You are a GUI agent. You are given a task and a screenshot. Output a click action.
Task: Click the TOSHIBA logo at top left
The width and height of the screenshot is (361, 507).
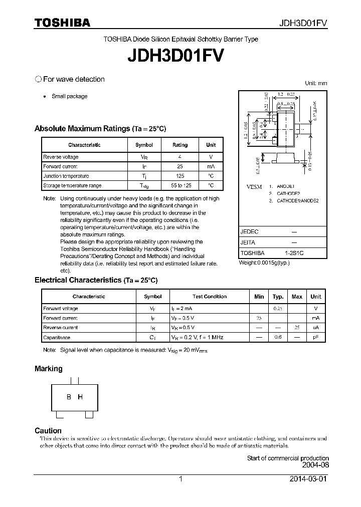tap(62, 23)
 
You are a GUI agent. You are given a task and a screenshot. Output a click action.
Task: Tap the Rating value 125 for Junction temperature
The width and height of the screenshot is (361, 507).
tap(180, 176)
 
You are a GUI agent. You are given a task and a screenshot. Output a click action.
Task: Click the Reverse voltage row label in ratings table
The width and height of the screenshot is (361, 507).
tap(61, 157)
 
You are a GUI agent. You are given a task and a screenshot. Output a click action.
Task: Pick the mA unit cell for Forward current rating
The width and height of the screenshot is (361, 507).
tap(211, 166)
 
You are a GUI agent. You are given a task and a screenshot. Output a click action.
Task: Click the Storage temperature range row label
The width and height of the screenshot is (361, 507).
tap(72, 185)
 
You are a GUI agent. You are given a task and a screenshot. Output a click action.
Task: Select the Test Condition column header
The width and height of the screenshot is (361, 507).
tap(209, 297)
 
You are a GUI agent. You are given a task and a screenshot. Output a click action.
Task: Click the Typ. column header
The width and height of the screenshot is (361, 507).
tap(278, 297)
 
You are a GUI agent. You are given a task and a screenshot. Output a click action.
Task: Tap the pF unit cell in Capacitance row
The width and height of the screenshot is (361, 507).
tap(316, 338)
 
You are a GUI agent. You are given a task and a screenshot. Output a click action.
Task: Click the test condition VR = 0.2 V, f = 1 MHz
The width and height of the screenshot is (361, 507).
tap(197, 338)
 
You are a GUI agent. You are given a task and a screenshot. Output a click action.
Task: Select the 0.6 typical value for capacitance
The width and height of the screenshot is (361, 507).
tap(278, 338)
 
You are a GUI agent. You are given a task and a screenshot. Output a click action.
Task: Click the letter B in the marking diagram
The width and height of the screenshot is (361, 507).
tap(69, 397)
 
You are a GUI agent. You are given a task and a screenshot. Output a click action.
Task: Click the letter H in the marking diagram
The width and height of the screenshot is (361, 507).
tap(80, 397)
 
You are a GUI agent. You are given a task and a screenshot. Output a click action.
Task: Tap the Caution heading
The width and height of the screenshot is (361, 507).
tap(48, 431)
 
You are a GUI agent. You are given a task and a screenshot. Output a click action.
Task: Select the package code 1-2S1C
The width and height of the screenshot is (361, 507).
tap(294, 253)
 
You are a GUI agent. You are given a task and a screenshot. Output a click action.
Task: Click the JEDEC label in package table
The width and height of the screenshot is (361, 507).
tap(249, 232)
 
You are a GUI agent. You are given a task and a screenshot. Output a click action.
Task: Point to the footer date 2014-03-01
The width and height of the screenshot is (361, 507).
tap(309, 479)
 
